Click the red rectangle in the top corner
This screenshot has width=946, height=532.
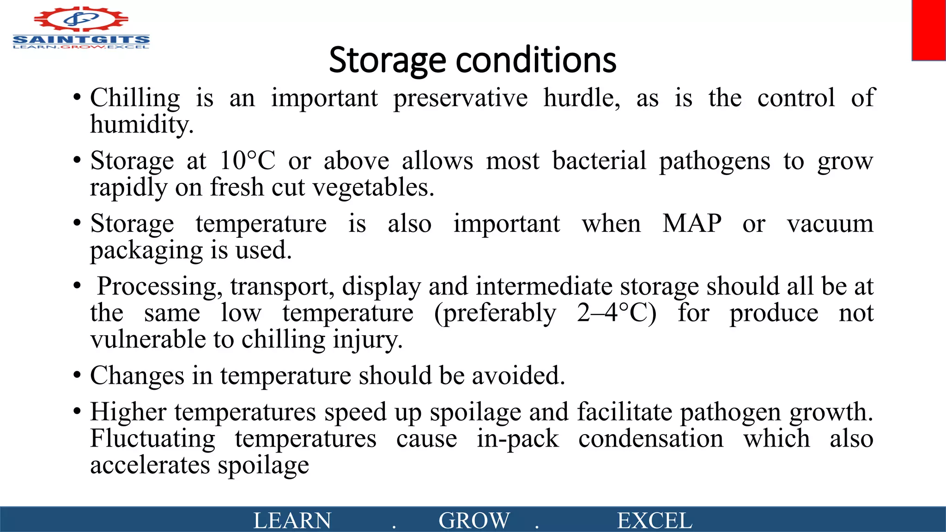[x=928, y=30]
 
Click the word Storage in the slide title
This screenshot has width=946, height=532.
[x=387, y=60]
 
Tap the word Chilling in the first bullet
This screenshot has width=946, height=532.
[x=135, y=98]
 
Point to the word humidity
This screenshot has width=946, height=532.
[x=141, y=125]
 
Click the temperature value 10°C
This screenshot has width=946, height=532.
[x=247, y=161]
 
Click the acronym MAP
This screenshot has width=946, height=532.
[x=692, y=224]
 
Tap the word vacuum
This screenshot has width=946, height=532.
[x=830, y=224]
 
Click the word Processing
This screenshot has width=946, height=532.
[x=157, y=286]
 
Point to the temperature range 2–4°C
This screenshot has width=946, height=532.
[x=616, y=313]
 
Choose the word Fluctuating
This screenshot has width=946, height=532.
[x=152, y=439]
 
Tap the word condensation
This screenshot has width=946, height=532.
[x=651, y=439]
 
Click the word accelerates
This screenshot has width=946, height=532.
[x=150, y=465]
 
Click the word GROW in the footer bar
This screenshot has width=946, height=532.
[x=474, y=520]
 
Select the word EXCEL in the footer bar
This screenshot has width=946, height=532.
[x=655, y=520]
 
